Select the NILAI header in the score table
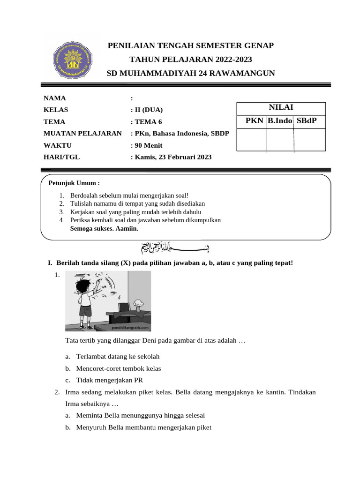coord(281,107)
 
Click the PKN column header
coord(255,121)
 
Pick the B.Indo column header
coord(280,121)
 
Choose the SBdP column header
coord(307,121)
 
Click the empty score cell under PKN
coord(251,140)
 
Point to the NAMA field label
coord(55,98)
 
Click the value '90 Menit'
coord(149,145)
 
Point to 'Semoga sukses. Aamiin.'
coord(104,229)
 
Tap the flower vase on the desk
coord(138,304)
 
